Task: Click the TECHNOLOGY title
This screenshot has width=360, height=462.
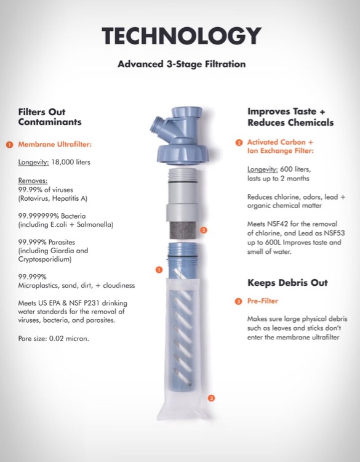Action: pyautogui.click(x=182, y=35)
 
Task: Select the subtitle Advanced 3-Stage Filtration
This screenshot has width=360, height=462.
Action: pyautogui.click(x=182, y=64)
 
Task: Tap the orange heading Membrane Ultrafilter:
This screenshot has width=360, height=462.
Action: pyautogui.click(x=55, y=144)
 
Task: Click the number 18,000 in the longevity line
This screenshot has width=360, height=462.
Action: pyautogui.click(x=61, y=162)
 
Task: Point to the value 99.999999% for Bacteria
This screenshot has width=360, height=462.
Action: pyautogui.click(x=39, y=216)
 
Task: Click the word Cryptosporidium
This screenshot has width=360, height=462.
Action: pyautogui.click(x=45, y=259)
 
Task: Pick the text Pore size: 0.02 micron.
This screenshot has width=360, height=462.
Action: pyautogui.click(x=54, y=339)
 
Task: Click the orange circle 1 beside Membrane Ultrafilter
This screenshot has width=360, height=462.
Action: pyautogui.click(x=10, y=145)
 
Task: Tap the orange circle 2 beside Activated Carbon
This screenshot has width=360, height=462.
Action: pyautogui.click(x=239, y=143)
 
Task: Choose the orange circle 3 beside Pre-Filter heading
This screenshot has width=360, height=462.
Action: pyautogui.click(x=239, y=301)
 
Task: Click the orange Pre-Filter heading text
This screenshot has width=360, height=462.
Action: pyautogui.click(x=263, y=301)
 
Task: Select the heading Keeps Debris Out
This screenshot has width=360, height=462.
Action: pyautogui.click(x=287, y=283)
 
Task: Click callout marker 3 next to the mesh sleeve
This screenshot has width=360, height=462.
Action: pyautogui.click(x=211, y=398)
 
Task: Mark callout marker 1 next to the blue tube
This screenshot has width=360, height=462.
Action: pyautogui.click(x=159, y=270)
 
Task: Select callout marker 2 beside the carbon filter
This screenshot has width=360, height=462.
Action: pyautogui.click(x=204, y=230)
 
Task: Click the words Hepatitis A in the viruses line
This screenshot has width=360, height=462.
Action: pyautogui.click(x=70, y=198)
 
